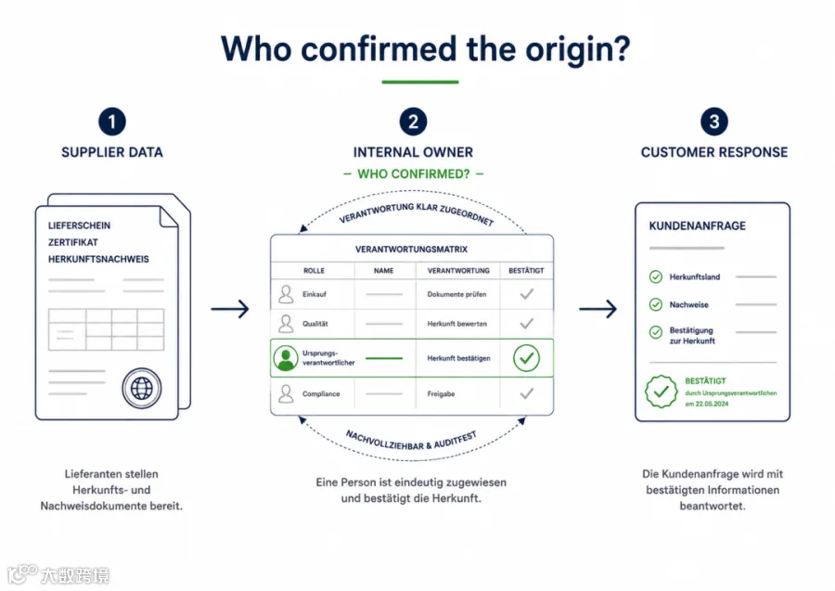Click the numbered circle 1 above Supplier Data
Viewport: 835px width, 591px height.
(x=112, y=122)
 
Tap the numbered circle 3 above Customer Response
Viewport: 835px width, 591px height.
(x=714, y=122)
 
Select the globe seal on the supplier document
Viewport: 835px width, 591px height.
(x=142, y=388)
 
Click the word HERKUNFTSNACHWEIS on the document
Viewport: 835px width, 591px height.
(x=98, y=259)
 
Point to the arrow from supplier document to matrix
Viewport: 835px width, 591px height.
(x=230, y=309)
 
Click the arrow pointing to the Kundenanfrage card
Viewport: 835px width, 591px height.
(x=598, y=309)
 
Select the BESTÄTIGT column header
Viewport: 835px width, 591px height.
(x=526, y=271)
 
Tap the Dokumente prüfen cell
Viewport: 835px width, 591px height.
(x=456, y=294)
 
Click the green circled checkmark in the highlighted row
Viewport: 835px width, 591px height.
(x=526, y=358)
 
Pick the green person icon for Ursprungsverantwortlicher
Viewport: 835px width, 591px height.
(x=286, y=358)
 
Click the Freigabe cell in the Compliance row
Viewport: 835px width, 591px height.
(x=441, y=394)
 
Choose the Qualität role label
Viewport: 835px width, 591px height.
(x=315, y=324)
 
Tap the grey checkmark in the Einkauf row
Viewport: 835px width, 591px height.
(x=527, y=294)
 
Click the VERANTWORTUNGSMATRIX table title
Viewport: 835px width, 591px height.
(x=412, y=250)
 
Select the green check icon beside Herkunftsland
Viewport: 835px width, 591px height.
(x=656, y=276)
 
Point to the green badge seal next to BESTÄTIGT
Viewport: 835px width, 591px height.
(x=661, y=392)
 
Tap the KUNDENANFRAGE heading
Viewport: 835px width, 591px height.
(x=697, y=225)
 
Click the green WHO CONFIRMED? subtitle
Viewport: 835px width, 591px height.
(x=414, y=174)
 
